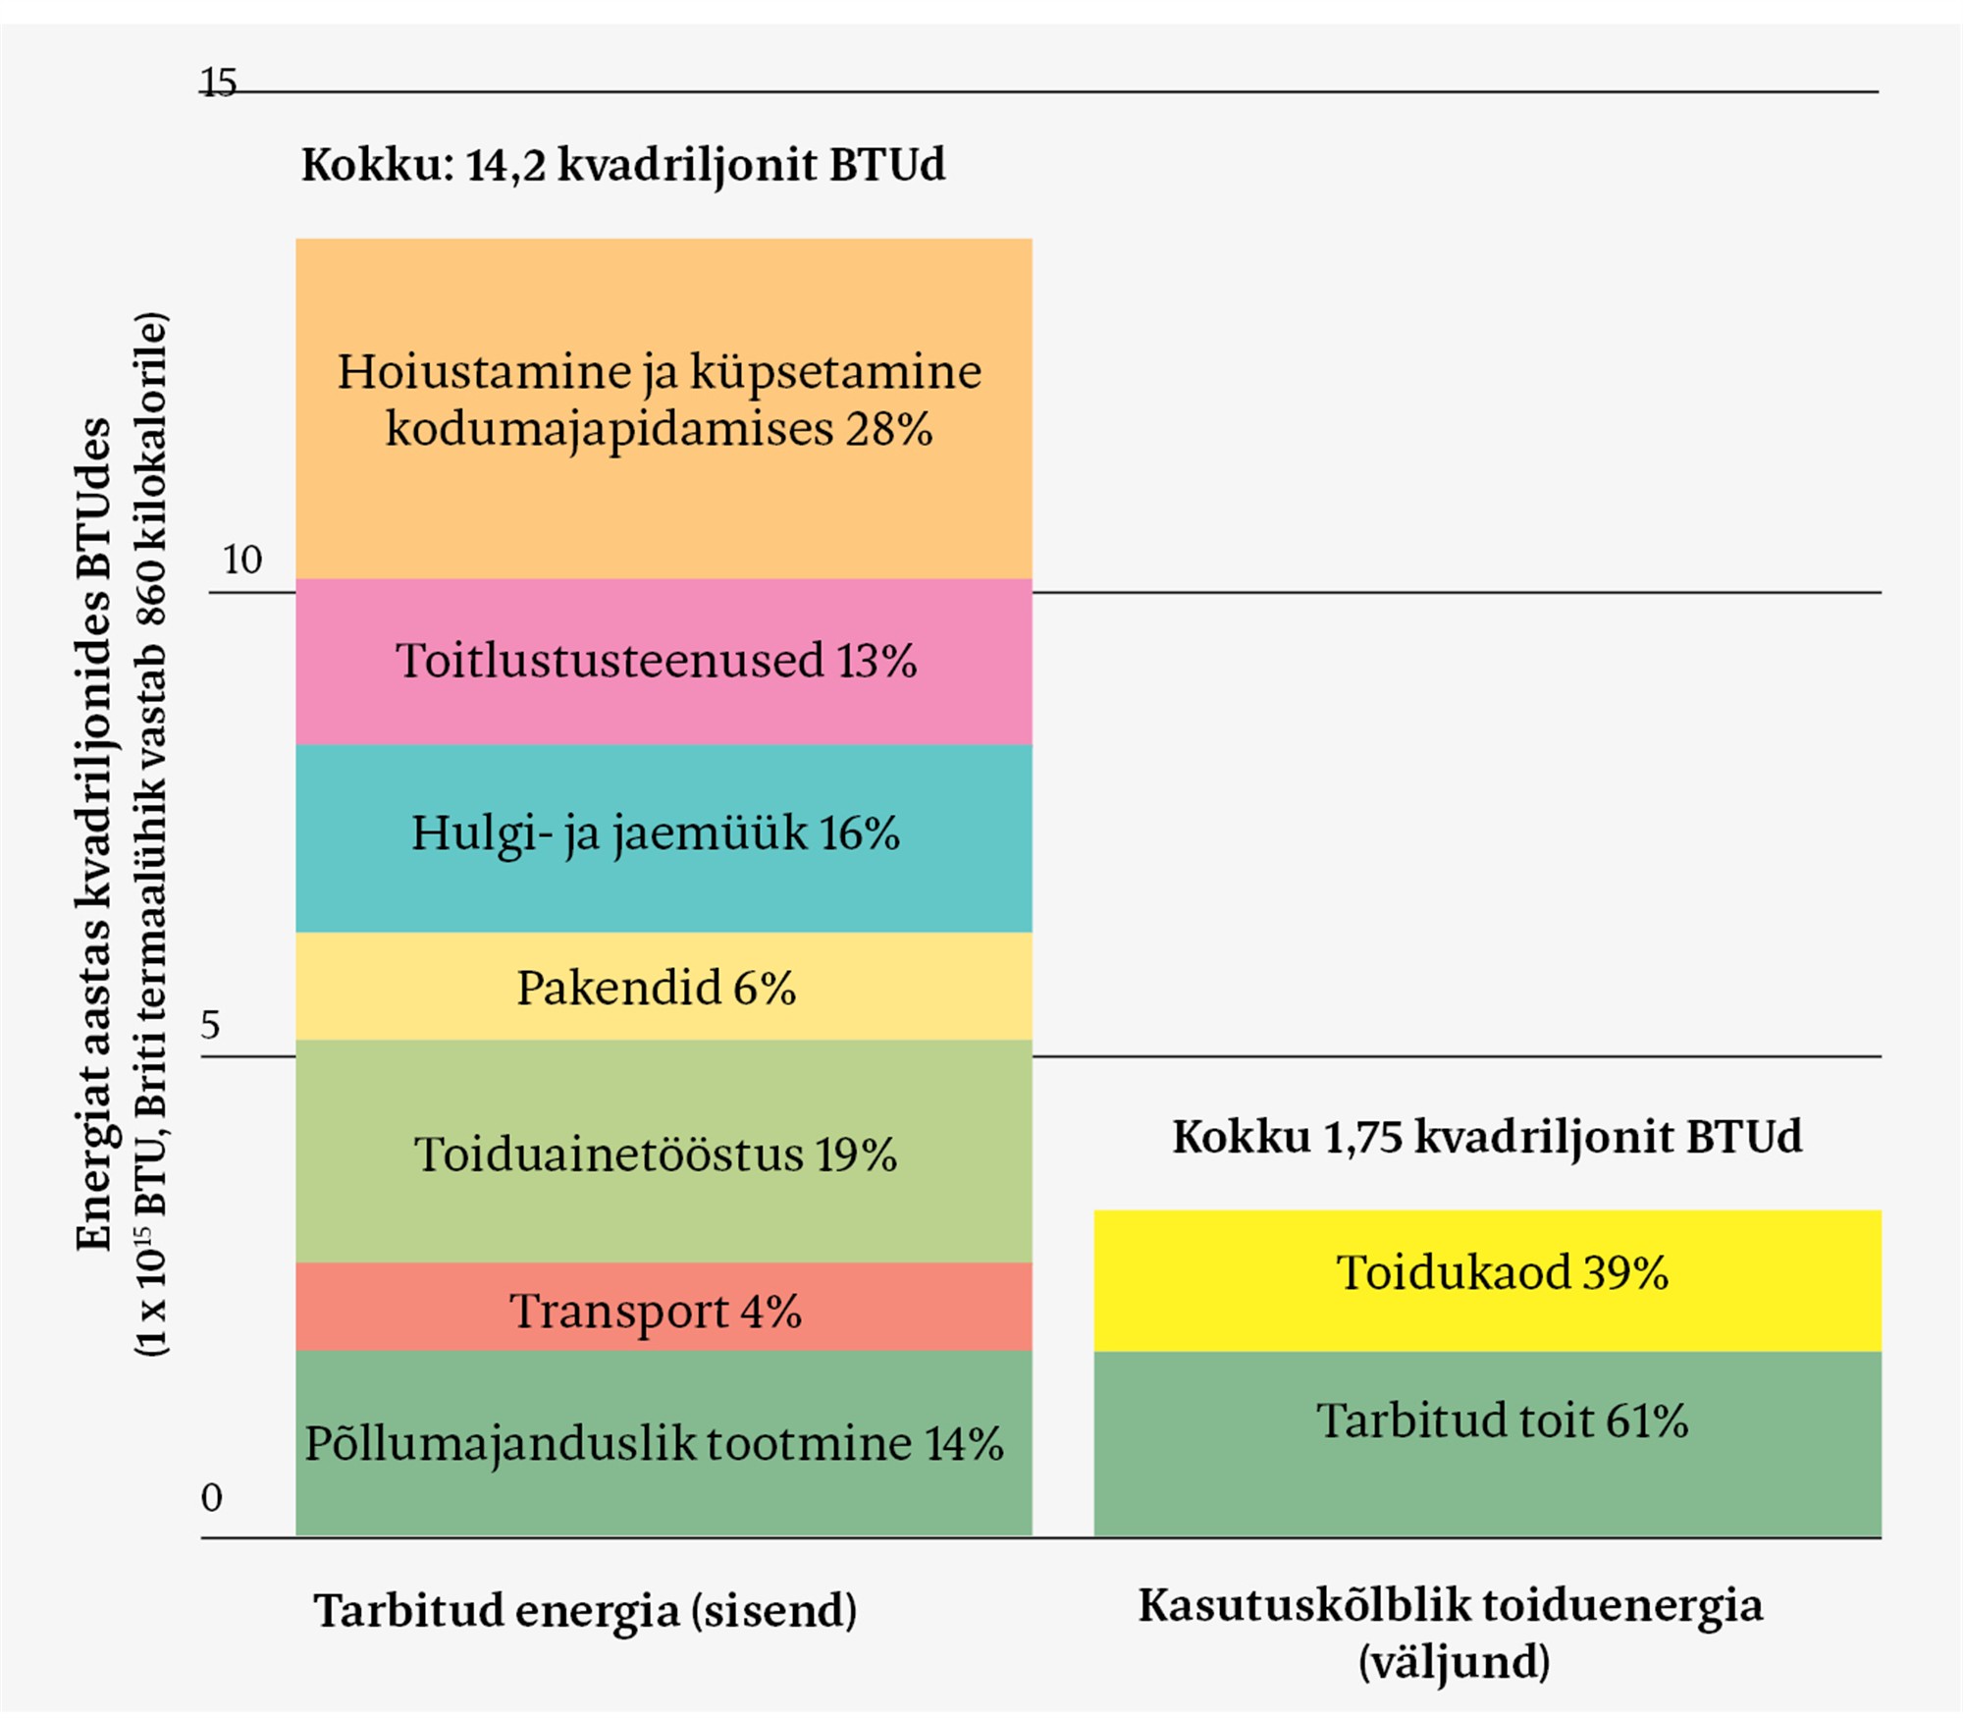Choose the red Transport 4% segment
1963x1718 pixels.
(663, 1335)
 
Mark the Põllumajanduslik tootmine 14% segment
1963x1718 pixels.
(663, 1492)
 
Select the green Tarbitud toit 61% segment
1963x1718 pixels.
(1487, 1473)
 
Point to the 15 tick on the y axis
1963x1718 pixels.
(219, 82)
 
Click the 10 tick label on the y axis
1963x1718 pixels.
(241, 560)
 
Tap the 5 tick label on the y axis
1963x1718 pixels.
(210, 1025)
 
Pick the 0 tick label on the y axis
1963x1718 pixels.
(211, 1497)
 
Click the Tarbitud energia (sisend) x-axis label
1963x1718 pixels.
(585, 1611)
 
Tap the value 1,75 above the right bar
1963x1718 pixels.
(1362, 1137)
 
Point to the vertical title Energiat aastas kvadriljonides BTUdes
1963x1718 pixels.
(94, 834)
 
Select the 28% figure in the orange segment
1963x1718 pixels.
(888, 429)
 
